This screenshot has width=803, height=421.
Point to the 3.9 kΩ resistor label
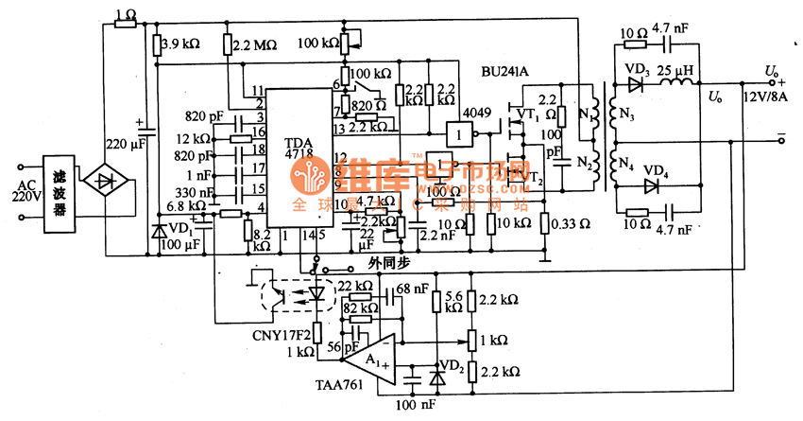click(180, 44)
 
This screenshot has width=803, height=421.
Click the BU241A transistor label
click(506, 69)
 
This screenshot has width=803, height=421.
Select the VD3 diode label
click(637, 67)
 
